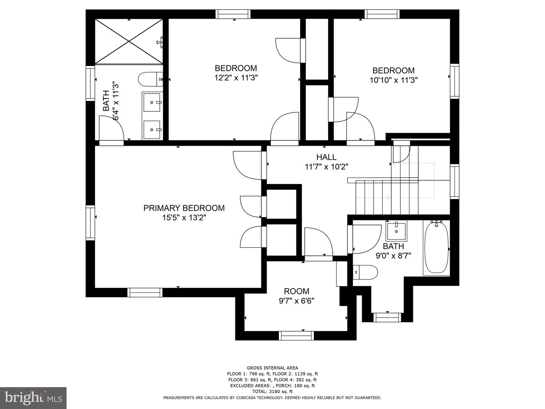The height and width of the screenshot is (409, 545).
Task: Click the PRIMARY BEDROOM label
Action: click(x=184, y=208)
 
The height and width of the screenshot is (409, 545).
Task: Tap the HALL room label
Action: click(x=326, y=157)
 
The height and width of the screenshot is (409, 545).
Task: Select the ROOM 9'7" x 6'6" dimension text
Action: click(x=296, y=301)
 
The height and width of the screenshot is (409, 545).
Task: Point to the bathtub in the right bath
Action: click(x=436, y=248)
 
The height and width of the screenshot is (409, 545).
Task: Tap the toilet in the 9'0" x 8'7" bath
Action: click(x=365, y=272)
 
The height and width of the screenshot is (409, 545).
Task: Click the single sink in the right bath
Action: click(x=396, y=231)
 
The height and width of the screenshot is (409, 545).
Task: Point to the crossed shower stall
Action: click(x=129, y=42)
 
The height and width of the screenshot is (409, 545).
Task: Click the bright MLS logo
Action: click(x=33, y=398)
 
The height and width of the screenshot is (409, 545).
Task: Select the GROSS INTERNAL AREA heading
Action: click(x=272, y=368)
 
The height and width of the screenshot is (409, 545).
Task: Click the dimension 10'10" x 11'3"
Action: click(x=394, y=80)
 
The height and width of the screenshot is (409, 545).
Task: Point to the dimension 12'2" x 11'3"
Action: click(x=236, y=78)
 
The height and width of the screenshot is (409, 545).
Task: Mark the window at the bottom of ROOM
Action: click(x=296, y=336)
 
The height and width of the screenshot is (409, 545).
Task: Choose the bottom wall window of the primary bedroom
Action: click(x=145, y=292)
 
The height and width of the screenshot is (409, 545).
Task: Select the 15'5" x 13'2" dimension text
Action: click(x=184, y=218)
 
